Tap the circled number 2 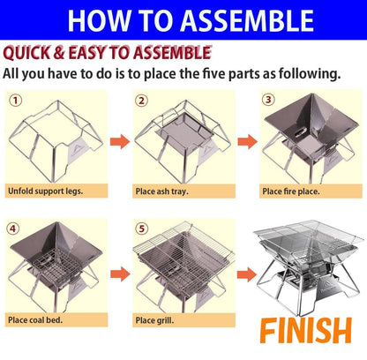141,100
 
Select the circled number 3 269,99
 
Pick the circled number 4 13,228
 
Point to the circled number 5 141,228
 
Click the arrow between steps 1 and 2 120,139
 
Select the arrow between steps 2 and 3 248,139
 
